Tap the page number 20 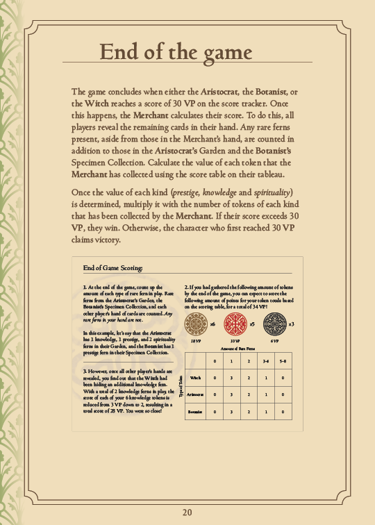tap(187, 512)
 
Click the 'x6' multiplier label tap(212, 324)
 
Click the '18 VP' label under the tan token tap(195, 341)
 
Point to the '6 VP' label tap(274, 341)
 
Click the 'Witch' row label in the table tap(195, 378)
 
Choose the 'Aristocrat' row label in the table tap(195, 394)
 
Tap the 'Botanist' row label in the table tap(195, 412)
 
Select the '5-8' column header tap(283, 361)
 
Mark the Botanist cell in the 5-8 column tap(283, 412)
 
